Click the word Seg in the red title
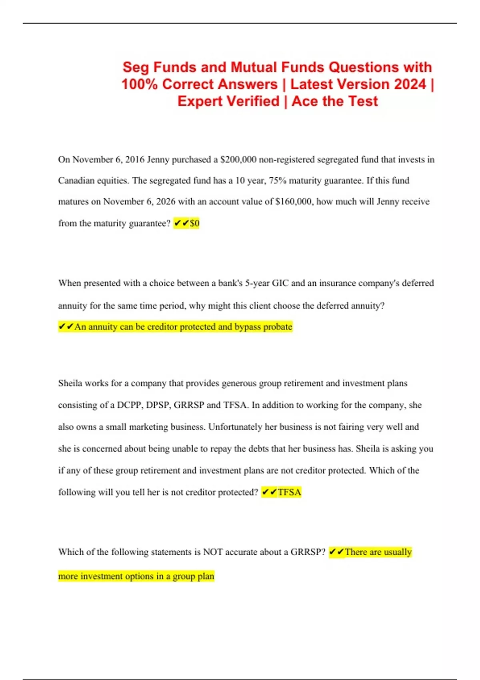click(136, 67)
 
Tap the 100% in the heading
click(140, 84)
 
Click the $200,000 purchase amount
click(238, 160)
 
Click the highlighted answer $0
click(194, 223)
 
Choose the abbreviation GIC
click(280, 283)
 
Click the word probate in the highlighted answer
click(278, 327)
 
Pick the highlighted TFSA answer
click(289, 492)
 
